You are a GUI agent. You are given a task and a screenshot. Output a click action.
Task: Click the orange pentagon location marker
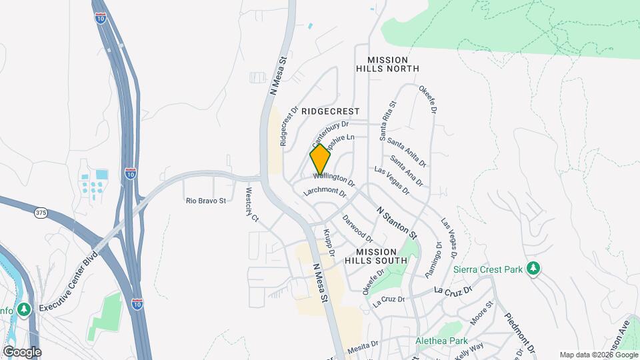[321, 161]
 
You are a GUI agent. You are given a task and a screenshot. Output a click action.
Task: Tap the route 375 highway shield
[41, 212]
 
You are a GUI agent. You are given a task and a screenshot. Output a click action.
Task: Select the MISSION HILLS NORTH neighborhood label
[387, 64]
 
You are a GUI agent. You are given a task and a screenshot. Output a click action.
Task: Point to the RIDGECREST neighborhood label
[330, 111]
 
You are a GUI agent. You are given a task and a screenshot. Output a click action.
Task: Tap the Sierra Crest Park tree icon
[533, 269]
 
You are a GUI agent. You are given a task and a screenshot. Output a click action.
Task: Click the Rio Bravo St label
[206, 200]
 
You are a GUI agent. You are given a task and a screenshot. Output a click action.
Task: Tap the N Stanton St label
[397, 223]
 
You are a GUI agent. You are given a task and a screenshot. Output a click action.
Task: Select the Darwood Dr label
[358, 228]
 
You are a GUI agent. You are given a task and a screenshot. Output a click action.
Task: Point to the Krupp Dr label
[328, 243]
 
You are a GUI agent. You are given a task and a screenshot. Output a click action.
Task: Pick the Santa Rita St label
[388, 120]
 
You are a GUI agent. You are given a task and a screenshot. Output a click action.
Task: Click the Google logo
[21, 351]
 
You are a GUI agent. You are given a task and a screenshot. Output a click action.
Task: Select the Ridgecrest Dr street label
[288, 125]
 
